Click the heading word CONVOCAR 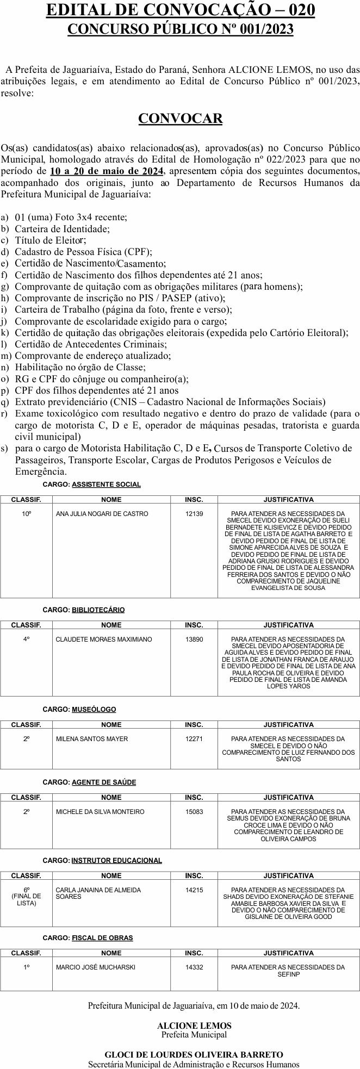[180, 119]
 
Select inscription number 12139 [194, 514]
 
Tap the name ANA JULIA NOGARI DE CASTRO [102, 514]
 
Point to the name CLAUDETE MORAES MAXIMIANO [104, 639]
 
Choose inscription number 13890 [194, 639]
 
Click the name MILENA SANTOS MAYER [92, 739]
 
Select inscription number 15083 [194, 812]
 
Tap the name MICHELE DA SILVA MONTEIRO [100, 812]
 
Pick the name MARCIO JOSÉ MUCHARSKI [95, 967]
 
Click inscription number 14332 [194, 967]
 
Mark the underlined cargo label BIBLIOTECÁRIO [98, 610]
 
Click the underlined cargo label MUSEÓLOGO [94, 710]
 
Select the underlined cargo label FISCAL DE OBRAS [102, 938]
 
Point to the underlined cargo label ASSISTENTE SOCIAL [106, 484]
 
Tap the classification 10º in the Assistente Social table [26, 514]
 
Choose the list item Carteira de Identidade [62, 229]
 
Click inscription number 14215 [194, 890]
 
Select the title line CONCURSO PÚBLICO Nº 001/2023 [180, 29]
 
